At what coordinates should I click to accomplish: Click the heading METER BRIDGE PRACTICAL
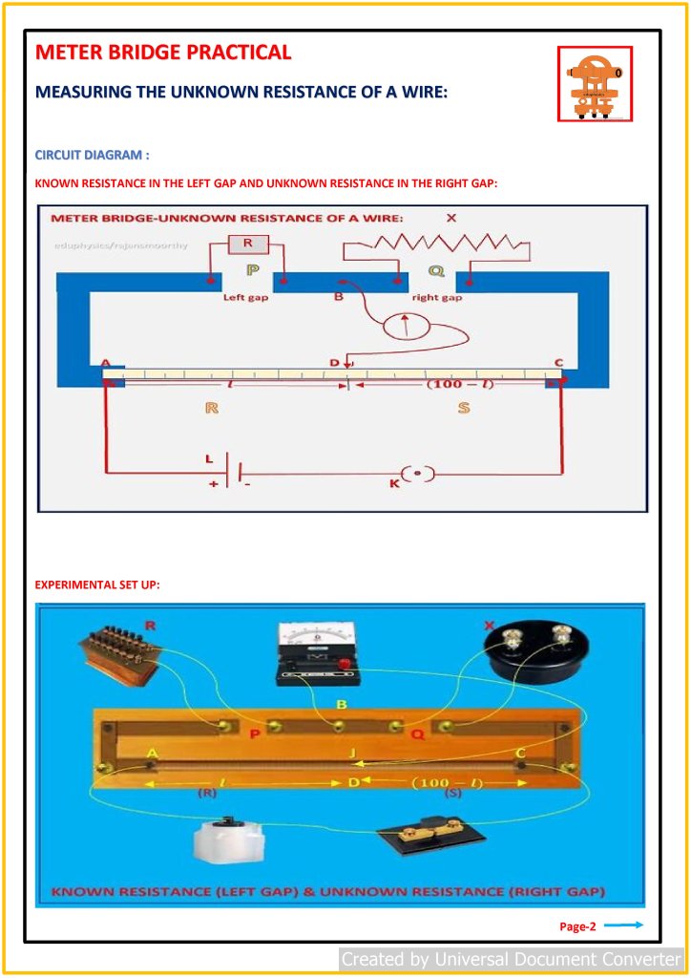tap(163, 53)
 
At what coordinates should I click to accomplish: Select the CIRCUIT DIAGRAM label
tap(92, 155)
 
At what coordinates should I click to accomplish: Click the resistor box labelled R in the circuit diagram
tap(248, 244)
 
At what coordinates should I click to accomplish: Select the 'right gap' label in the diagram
tap(436, 297)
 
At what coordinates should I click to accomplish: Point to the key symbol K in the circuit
tap(416, 474)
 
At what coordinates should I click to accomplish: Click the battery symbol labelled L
tap(230, 473)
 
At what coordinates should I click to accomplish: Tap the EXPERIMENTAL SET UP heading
tap(97, 585)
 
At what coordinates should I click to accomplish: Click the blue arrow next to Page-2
tap(624, 925)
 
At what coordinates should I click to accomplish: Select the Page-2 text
tap(577, 925)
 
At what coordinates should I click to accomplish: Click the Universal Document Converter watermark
tap(512, 958)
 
